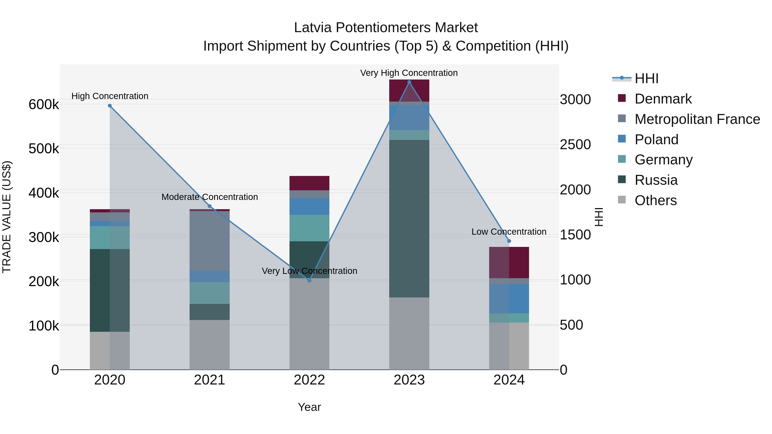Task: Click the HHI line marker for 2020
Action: [x=110, y=106]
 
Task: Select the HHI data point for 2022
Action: [x=310, y=281]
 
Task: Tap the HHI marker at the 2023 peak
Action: [x=409, y=82]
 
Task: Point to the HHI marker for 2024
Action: [x=509, y=241]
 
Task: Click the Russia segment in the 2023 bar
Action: [x=409, y=219]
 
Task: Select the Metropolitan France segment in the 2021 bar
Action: [x=210, y=241]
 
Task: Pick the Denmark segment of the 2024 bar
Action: [x=509, y=263]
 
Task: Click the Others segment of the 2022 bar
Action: [x=310, y=323]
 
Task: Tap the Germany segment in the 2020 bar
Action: [x=110, y=237]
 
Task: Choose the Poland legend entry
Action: [x=656, y=140]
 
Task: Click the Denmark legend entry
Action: [x=663, y=99]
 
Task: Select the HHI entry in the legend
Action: [x=646, y=78]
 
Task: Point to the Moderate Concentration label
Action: [x=210, y=197]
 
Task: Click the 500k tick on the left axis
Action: [x=44, y=149]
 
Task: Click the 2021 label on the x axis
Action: [x=210, y=380]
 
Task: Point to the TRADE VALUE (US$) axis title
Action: [x=7, y=217]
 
